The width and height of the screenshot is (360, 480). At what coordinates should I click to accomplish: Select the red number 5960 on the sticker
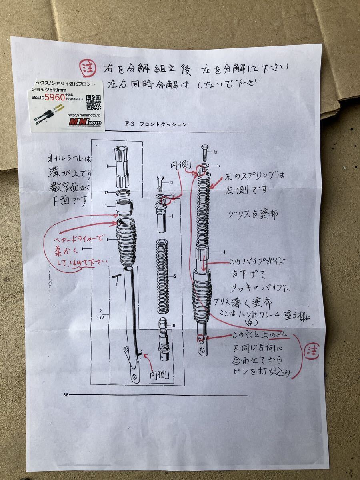click(x=54, y=97)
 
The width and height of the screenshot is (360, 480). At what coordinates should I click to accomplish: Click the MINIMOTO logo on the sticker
click(x=85, y=122)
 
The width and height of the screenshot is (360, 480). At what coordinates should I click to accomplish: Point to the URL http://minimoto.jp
click(x=87, y=114)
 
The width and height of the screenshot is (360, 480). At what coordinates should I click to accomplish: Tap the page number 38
click(x=66, y=395)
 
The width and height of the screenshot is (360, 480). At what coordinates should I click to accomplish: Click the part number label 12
click(x=106, y=193)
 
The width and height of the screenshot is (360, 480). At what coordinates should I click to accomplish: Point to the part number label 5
click(x=175, y=276)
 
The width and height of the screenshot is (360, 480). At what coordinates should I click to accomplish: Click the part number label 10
click(x=173, y=325)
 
